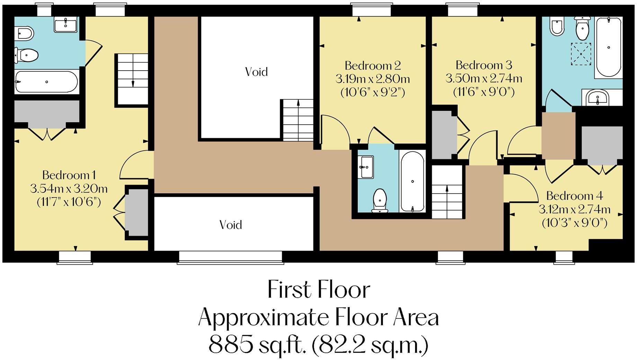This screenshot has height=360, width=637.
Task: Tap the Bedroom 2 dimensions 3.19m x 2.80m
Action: pyautogui.click(x=373, y=79)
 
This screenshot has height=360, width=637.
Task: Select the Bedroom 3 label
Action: pyautogui.click(x=484, y=65)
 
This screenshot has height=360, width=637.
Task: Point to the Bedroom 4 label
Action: pyautogui.click(x=574, y=196)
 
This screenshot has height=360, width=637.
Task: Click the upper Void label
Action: pyautogui.click(x=256, y=72)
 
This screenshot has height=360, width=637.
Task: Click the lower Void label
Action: pyautogui.click(x=231, y=225)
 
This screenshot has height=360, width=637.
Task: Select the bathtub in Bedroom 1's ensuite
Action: pyautogui.click(x=46, y=82)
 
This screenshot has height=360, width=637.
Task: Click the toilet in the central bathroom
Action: pyautogui.click(x=380, y=200)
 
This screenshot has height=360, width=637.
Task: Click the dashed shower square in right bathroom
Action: pyautogui.click(x=581, y=54)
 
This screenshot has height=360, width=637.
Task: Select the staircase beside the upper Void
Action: pyautogui.click(x=298, y=120)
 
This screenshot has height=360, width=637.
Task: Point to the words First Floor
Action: pyautogui.click(x=318, y=290)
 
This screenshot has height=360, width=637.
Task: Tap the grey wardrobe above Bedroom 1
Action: pyautogui.click(x=47, y=111)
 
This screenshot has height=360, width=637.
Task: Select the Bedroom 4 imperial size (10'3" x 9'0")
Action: pyautogui.click(x=574, y=223)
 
